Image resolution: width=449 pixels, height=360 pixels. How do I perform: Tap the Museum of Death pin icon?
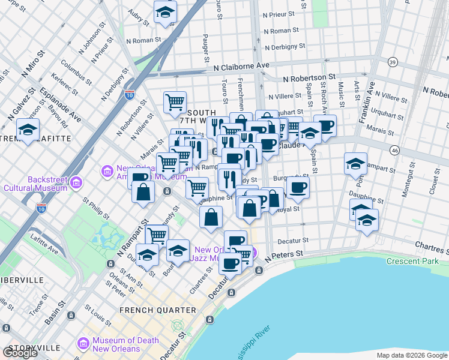[x=83, y=344]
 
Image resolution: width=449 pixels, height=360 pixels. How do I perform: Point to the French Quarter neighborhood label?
[x=158, y=310]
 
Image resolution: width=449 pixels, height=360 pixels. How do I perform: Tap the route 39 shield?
[x=393, y=62]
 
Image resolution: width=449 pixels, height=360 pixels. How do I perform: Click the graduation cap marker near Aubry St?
[x=165, y=11]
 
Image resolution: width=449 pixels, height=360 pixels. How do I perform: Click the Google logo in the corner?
[x=20, y=353]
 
